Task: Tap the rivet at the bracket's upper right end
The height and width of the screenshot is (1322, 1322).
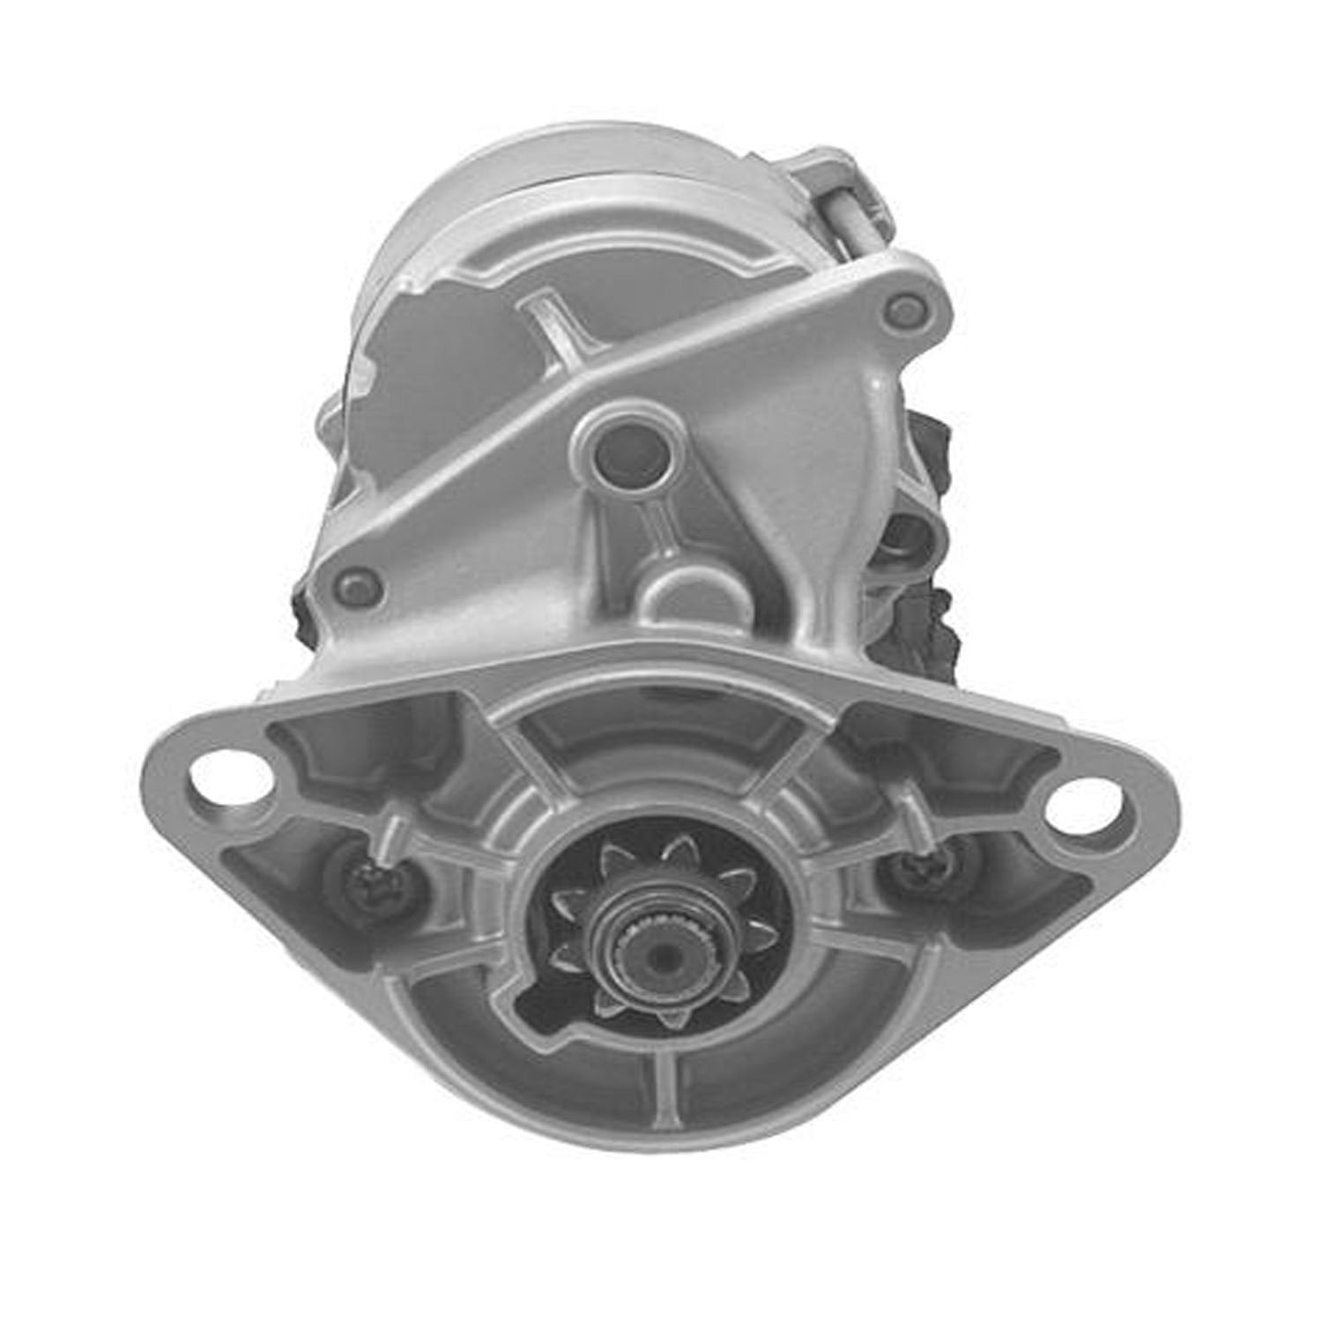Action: pos(902,308)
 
